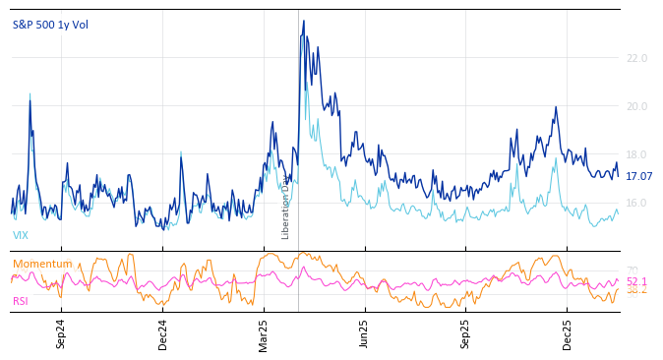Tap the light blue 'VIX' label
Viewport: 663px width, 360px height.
(x=21, y=236)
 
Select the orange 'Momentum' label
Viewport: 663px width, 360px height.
(x=42, y=264)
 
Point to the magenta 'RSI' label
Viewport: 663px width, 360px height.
(x=21, y=301)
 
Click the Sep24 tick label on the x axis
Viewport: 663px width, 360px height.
(x=61, y=333)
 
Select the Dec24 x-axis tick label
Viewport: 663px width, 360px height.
(x=162, y=333)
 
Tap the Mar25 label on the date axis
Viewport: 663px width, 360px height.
(x=264, y=333)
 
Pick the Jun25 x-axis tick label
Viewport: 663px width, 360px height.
(x=364, y=333)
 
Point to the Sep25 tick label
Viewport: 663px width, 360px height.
(x=465, y=333)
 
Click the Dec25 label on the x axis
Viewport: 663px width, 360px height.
(x=567, y=333)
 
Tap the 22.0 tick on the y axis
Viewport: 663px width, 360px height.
(x=636, y=59)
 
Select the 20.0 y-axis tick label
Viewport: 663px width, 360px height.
(x=636, y=107)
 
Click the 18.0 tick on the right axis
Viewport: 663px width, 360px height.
(x=636, y=155)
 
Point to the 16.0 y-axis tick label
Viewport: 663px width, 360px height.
(x=636, y=204)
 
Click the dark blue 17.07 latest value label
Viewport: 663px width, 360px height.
(x=639, y=177)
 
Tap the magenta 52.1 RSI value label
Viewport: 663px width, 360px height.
(x=636, y=281)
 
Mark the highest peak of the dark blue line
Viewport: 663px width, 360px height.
(x=303, y=21)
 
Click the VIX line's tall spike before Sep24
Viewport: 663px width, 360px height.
(x=30, y=93)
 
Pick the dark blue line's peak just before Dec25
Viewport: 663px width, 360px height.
(x=556, y=107)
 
